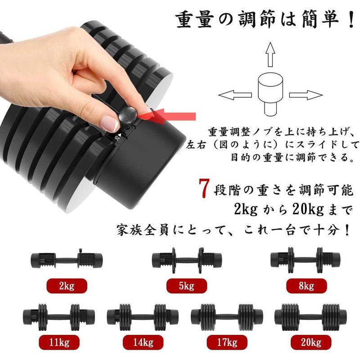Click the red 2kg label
tap(67, 286)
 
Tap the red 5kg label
tap(187, 286)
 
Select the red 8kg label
tap(306, 286)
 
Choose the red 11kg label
tap(59, 342)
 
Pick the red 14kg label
tap(143, 342)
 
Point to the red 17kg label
tap(227, 342)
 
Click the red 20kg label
tap(311, 342)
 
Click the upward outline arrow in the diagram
tap(270, 54)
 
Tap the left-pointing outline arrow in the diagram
tap(235, 95)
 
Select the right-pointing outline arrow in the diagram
tap(306, 95)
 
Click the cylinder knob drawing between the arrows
tap(270, 94)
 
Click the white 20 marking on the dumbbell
tap(117, 138)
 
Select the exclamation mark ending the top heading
tap(351, 20)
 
